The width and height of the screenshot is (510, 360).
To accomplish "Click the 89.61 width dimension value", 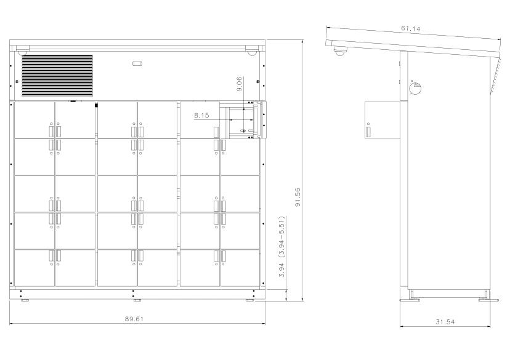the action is (x=134, y=319).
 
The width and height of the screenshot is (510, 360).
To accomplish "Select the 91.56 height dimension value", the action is (x=297, y=197).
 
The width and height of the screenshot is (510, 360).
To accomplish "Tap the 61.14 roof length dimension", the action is (x=410, y=28).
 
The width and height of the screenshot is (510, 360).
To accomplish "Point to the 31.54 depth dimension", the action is (x=445, y=322).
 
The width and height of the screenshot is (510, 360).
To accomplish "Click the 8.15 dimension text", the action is (x=201, y=115).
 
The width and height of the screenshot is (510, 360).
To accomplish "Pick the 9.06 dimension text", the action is (x=239, y=84).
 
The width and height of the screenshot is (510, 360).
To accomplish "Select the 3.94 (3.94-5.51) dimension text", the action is (x=281, y=247).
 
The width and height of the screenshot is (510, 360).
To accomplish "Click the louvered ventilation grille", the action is (x=57, y=76).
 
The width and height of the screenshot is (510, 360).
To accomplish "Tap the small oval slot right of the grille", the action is (x=137, y=63).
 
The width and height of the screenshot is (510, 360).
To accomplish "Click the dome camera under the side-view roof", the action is (x=341, y=52).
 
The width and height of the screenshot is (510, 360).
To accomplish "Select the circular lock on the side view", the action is (x=415, y=88).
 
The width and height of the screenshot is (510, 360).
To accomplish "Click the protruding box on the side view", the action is (x=382, y=120).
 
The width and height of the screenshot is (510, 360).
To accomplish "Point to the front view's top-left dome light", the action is (x=23, y=52).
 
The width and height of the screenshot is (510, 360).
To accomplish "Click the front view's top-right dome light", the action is (x=251, y=52).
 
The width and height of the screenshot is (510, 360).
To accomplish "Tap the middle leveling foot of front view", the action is (x=137, y=300).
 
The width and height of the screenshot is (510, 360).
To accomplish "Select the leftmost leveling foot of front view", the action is (x=25, y=300).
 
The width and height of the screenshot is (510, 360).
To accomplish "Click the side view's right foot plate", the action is (x=488, y=300).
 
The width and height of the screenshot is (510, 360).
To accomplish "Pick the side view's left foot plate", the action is (x=410, y=300).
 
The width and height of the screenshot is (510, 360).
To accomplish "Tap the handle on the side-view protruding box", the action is (x=368, y=131).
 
